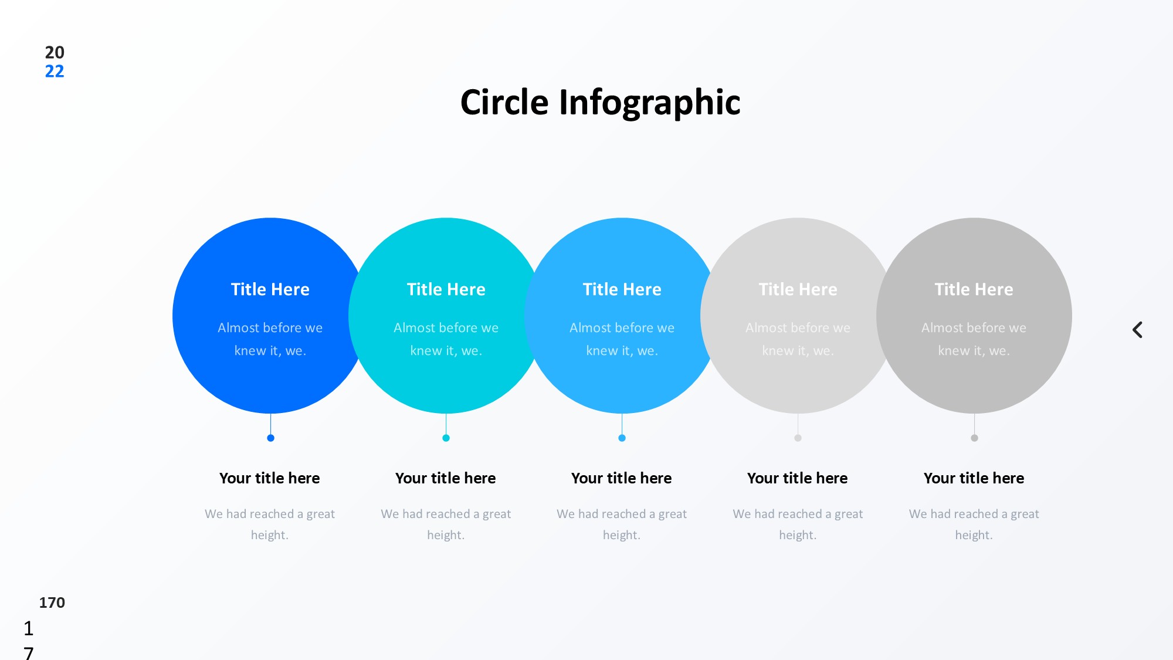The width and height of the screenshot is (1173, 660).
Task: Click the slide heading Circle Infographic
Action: (x=600, y=103)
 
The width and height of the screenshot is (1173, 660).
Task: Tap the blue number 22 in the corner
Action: (x=55, y=72)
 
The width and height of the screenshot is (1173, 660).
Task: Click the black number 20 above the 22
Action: (x=55, y=52)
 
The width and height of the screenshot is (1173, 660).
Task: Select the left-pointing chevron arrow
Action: (x=1137, y=330)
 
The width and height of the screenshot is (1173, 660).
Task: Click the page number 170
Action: (x=52, y=603)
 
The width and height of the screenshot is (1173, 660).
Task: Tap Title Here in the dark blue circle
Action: (x=270, y=289)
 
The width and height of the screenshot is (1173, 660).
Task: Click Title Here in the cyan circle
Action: (x=446, y=289)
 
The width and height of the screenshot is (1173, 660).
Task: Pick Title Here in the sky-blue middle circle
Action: (x=622, y=289)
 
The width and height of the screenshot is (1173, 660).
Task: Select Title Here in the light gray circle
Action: (x=798, y=289)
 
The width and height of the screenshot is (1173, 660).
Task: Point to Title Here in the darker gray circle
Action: (x=974, y=289)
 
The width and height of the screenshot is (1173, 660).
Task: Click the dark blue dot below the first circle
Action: (x=270, y=438)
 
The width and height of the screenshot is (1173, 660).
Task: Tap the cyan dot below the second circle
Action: (x=446, y=438)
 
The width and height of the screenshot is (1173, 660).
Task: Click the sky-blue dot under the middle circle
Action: (x=622, y=438)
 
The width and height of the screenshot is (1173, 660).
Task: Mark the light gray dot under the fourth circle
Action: (x=798, y=438)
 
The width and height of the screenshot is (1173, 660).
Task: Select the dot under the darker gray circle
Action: (x=974, y=438)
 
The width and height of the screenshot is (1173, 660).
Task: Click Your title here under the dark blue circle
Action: (x=270, y=478)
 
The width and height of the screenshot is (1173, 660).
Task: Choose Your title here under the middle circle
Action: (x=622, y=478)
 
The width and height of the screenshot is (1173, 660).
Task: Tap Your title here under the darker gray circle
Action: (x=974, y=478)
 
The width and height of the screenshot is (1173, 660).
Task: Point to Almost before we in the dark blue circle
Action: (x=270, y=327)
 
